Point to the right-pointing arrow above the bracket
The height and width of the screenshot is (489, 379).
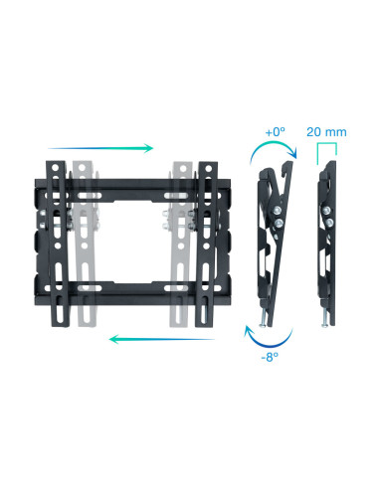coord(99,148)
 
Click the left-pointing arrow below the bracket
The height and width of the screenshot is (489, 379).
coord(162,339)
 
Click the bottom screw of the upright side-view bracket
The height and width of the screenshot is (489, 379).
coord(323,321)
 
